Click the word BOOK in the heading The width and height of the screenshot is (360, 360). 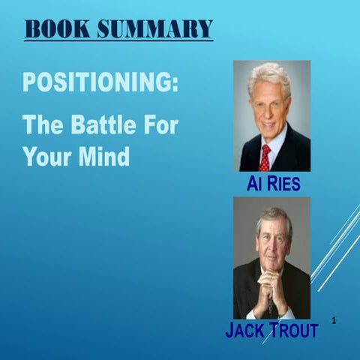tap(57, 29)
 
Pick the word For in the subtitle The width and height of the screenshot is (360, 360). tap(160, 124)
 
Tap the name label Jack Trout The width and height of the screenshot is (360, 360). tap(271, 330)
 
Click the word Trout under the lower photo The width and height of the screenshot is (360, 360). tap(289, 330)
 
